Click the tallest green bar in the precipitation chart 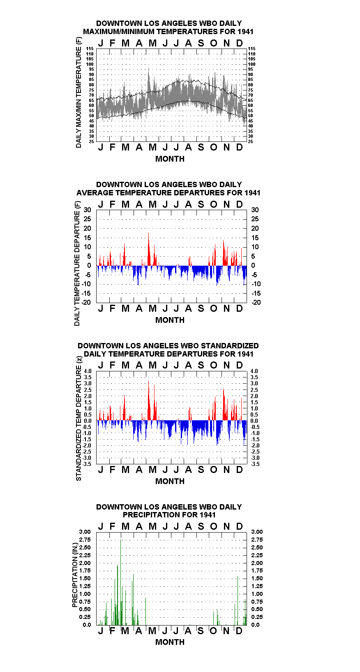point(120,582)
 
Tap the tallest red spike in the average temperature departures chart point(148,249)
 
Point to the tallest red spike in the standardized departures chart point(148,401)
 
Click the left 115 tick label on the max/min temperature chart point(90,49)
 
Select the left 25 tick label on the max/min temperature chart point(91,141)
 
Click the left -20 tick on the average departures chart point(86,302)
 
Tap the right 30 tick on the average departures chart point(255,210)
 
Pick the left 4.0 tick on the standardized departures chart point(88,371)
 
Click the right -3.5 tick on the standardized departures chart point(255,464)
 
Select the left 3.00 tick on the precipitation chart point(85,532)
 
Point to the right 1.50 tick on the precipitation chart point(257,578)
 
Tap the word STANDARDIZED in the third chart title point(230,345)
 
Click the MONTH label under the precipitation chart point(170,642)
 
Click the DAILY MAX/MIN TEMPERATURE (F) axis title point(78,93)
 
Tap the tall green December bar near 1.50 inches point(238,600)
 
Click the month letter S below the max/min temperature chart point(201,147)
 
